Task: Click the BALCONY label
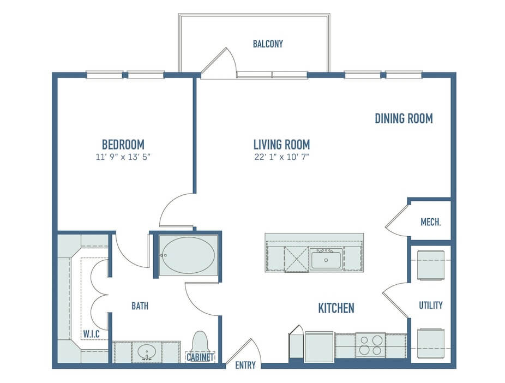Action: tap(268, 44)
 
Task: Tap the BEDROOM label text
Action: tap(123, 145)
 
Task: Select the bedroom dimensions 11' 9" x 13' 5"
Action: tap(123, 157)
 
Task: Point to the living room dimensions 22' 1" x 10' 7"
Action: tap(282, 157)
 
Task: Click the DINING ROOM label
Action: tap(404, 118)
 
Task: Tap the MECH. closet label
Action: tap(431, 222)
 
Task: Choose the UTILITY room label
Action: tap(431, 305)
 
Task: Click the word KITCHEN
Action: tap(336, 308)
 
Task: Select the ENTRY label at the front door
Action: tap(245, 366)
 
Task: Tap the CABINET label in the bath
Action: tap(200, 357)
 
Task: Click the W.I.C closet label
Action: tap(92, 334)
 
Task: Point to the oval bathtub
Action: tap(188, 255)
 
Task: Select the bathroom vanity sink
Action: tap(147, 352)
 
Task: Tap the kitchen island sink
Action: tap(326, 259)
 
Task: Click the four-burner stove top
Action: tap(371, 345)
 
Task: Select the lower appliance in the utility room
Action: tap(431, 343)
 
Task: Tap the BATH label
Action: tap(140, 306)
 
